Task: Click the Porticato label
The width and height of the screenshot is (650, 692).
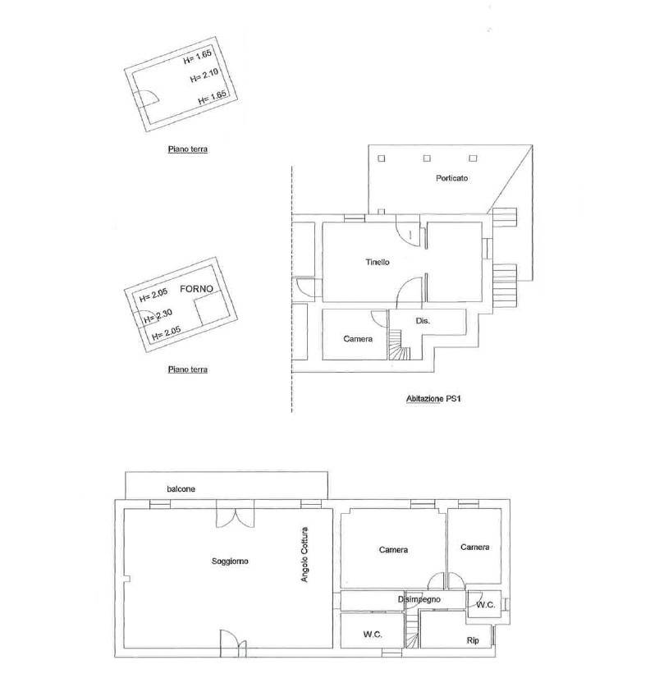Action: click(451, 178)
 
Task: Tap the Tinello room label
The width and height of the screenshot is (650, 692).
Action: click(378, 262)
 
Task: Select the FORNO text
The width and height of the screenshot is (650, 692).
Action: click(196, 289)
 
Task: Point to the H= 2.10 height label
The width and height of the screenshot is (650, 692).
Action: click(204, 76)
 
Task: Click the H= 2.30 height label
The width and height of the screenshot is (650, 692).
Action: click(158, 315)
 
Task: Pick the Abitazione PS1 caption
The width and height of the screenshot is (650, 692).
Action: click(433, 399)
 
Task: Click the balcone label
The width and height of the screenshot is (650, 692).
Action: click(181, 489)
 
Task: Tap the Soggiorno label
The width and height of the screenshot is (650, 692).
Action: click(230, 561)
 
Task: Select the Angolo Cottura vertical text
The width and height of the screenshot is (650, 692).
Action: click(304, 554)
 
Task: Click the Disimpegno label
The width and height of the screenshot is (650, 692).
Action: click(419, 599)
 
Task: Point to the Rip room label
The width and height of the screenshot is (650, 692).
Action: click(473, 640)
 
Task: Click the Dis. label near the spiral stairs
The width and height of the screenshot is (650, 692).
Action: click(423, 321)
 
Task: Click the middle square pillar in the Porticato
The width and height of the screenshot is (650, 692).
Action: click(427, 158)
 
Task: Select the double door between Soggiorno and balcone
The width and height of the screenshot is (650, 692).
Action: click(236, 518)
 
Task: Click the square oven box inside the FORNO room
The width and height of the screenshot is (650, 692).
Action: click(210, 311)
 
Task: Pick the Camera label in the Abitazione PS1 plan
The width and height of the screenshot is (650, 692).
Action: click(358, 339)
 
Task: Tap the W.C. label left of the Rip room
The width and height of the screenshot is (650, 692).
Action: click(373, 635)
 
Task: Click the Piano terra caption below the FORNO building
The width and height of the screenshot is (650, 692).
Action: click(188, 369)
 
